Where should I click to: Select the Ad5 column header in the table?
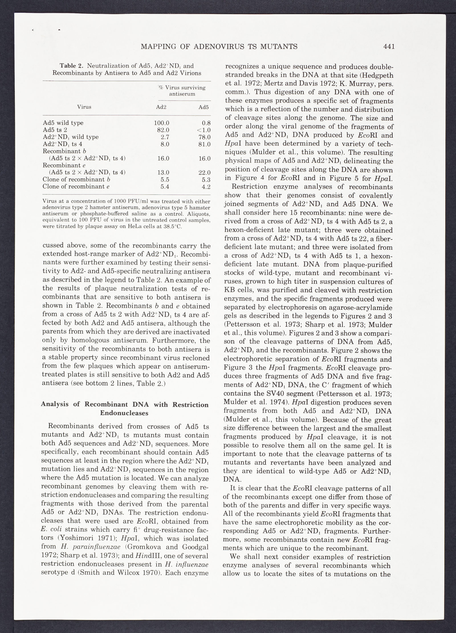[x=203, y=107]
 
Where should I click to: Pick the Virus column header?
[x=84, y=107]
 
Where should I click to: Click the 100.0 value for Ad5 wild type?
[x=162, y=123]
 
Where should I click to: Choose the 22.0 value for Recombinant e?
[x=204, y=172]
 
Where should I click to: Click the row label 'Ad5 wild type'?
[x=63, y=123]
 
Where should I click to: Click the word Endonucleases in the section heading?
[x=124, y=413]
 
